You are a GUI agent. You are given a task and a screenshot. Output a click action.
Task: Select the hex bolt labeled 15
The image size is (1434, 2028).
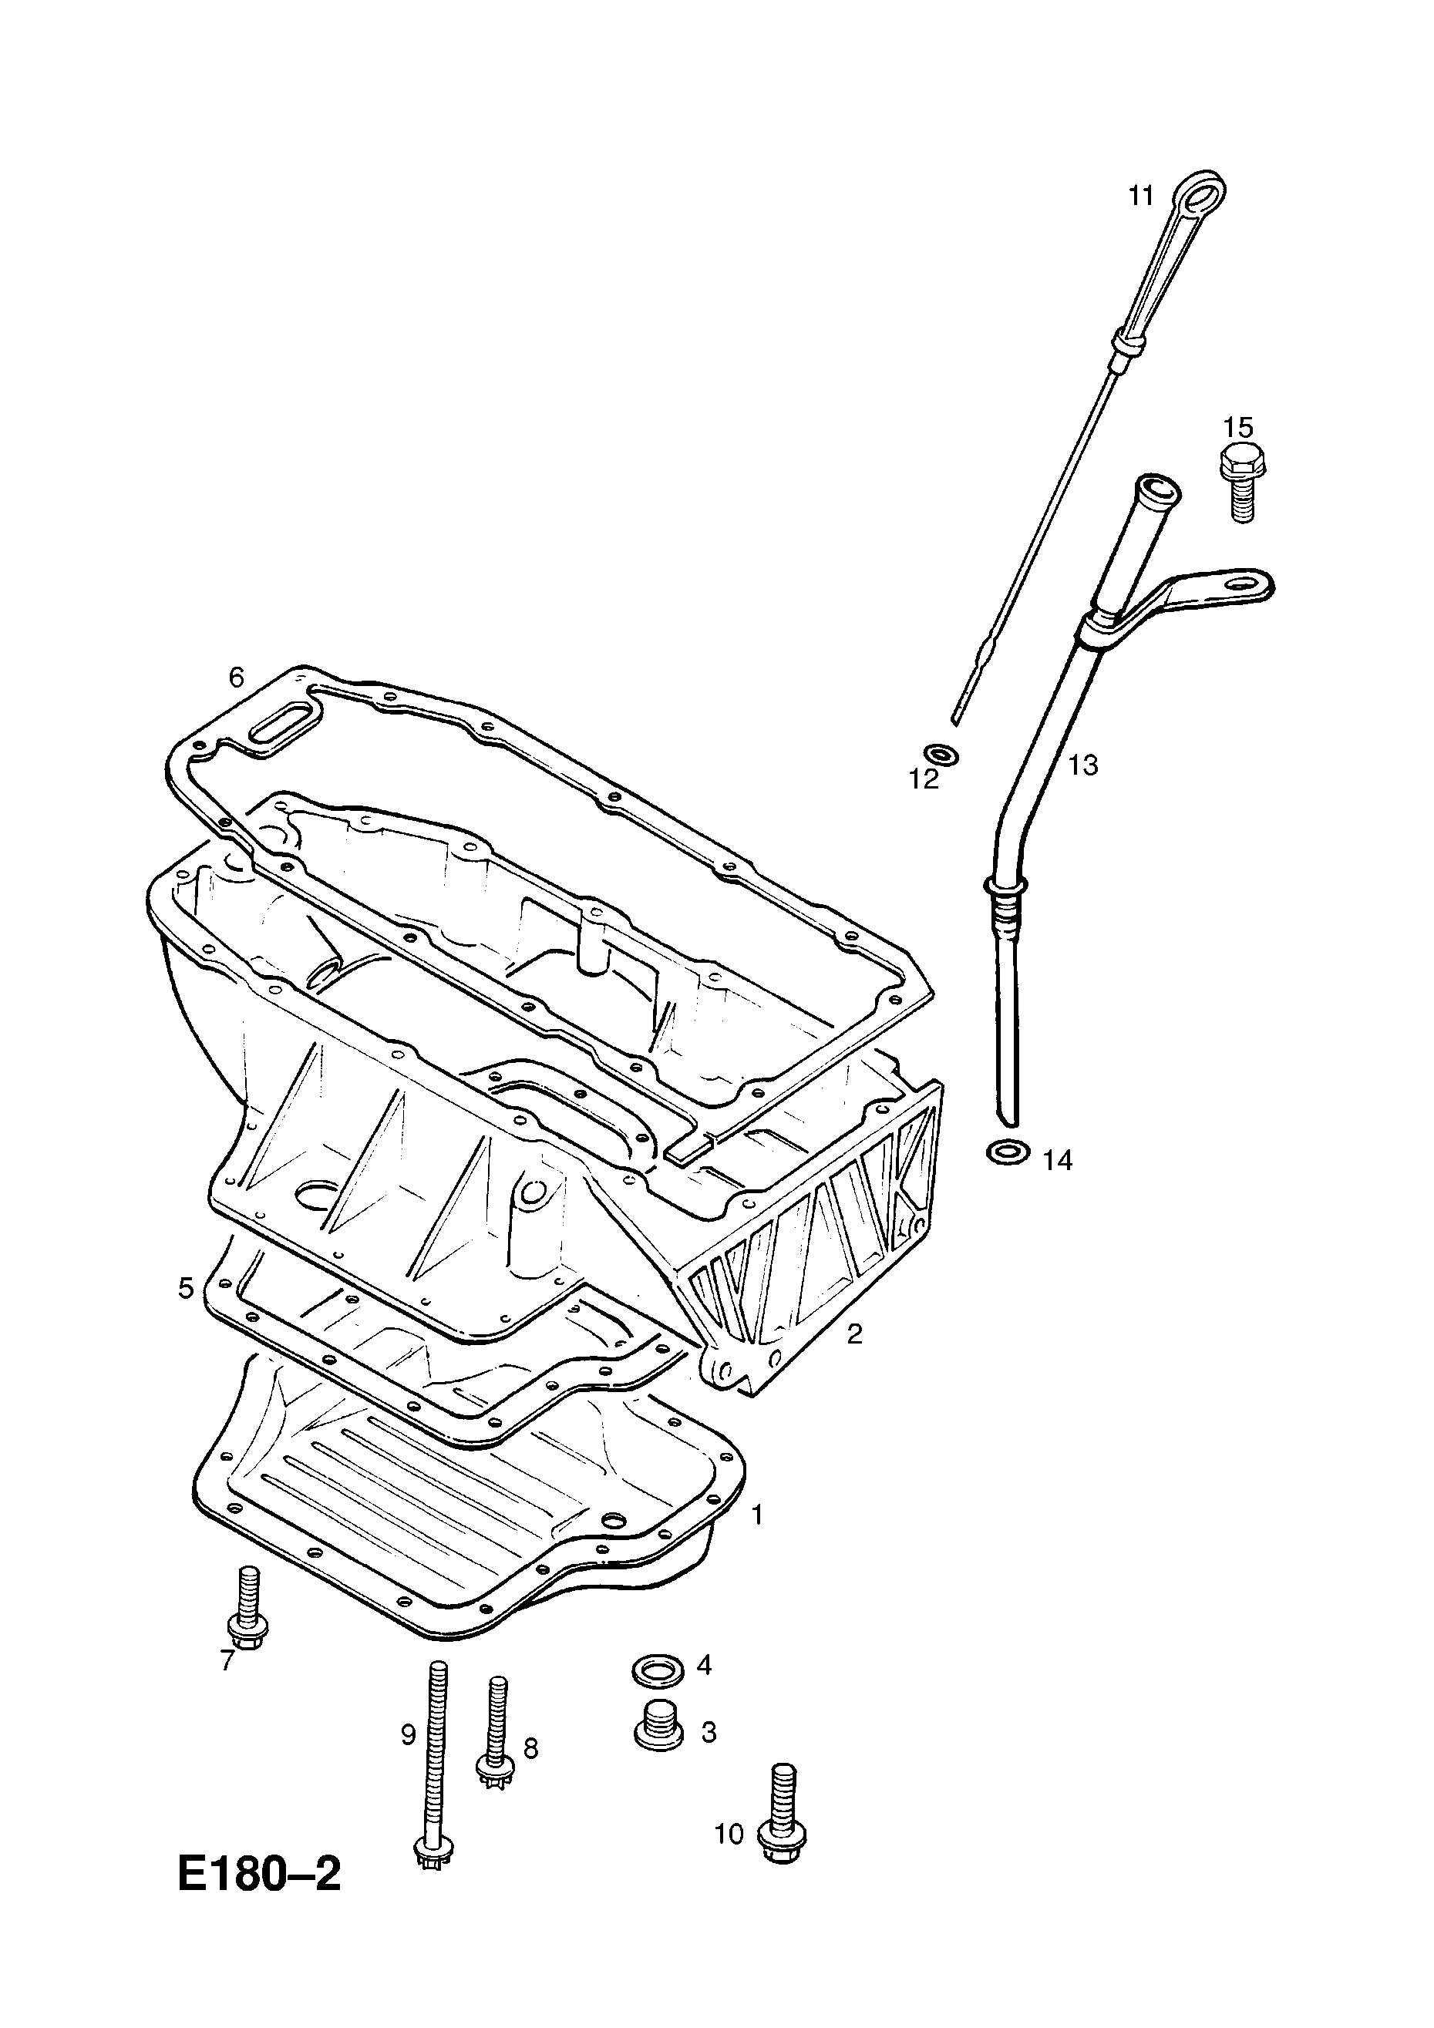click(x=1242, y=483)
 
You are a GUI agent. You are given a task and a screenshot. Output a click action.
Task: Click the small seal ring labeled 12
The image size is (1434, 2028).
click(x=940, y=755)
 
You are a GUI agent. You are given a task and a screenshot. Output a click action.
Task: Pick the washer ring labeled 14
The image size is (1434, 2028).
click(x=1007, y=1154)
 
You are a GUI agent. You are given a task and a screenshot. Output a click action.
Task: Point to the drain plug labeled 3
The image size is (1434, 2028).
click(x=659, y=1725)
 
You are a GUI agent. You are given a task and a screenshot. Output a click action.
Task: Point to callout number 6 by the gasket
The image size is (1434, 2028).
click(x=236, y=678)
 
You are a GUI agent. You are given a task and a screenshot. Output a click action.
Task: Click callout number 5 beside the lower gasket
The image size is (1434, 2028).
click(x=186, y=1289)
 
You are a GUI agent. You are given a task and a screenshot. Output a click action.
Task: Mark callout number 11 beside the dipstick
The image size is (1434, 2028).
click(x=1142, y=196)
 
